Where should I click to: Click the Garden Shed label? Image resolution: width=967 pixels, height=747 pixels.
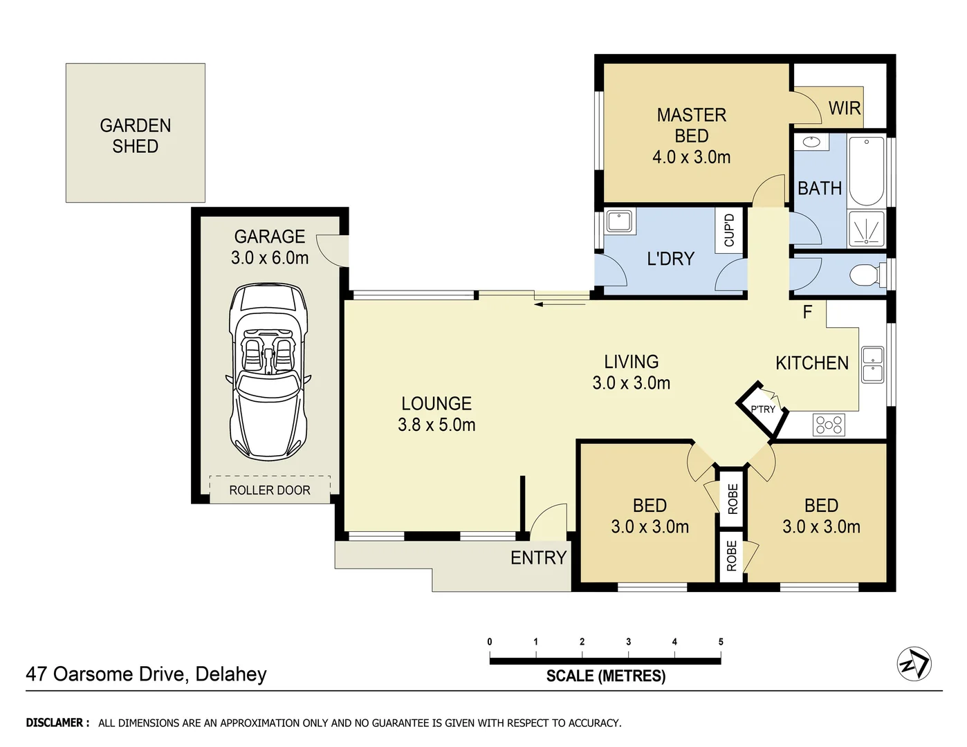tap(135, 136)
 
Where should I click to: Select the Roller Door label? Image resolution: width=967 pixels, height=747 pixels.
tap(270, 490)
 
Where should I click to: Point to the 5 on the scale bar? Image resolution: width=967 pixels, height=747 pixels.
tap(720, 642)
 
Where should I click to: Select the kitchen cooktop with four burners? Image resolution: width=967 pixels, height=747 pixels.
tap(829, 424)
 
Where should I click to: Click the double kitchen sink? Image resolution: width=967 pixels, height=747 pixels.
tap(872, 365)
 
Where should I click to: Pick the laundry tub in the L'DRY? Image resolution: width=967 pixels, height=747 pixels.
tap(620, 222)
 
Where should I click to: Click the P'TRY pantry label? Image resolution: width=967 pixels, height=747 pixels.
tap(762, 409)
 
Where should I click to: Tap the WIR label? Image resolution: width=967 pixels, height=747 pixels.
tap(844, 109)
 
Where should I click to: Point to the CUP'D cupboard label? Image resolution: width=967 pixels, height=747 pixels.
tap(729, 230)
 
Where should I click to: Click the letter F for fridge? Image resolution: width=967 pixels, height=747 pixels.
tap(807, 313)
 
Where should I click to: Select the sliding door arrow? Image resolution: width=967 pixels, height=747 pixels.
tap(561, 303)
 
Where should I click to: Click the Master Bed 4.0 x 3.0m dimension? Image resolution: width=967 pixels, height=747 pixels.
tap(691, 157)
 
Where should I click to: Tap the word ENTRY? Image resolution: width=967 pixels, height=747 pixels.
tap(538, 557)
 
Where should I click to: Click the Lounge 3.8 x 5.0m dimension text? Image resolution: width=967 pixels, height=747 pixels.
tap(436, 425)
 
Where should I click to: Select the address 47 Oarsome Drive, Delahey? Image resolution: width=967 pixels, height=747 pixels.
tap(146, 674)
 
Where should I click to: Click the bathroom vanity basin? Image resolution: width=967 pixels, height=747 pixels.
tap(811, 142)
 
